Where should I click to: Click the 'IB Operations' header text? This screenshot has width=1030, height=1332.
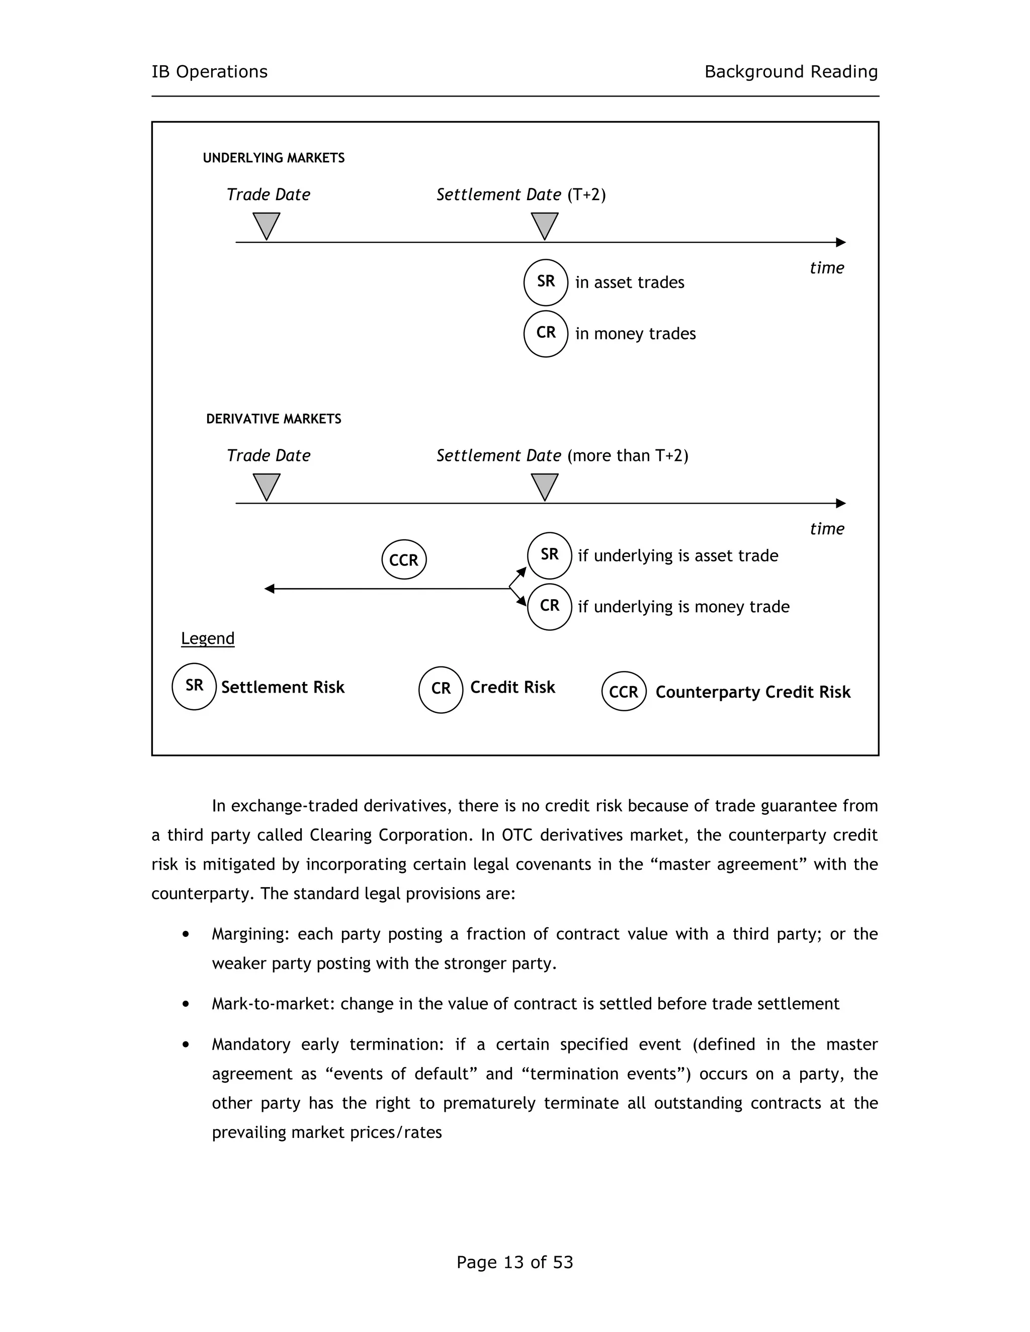tap(209, 72)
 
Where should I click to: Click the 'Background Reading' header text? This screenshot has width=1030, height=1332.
tap(791, 72)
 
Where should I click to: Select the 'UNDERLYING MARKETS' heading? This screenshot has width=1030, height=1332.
tap(274, 158)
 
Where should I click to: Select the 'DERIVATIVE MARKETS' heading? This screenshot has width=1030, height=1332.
tap(274, 419)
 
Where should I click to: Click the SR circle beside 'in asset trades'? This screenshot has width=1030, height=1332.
tap(546, 282)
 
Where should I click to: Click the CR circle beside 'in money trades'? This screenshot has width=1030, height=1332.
tap(546, 333)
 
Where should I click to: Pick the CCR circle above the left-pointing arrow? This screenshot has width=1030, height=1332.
tap(404, 560)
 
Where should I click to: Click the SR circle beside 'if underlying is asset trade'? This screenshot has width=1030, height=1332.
tap(549, 555)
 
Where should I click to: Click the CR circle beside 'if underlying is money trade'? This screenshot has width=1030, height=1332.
tap(549, 606)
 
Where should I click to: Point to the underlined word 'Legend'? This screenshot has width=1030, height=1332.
tap(208, 638)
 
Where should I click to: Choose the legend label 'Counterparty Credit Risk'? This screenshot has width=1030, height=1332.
tap(752, 692)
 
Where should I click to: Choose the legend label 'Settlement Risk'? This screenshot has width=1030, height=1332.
tap(283, 687)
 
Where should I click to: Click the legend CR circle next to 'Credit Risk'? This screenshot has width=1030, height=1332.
tap(441, 689)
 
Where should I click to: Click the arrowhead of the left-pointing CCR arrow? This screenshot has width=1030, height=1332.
tap(269, 589)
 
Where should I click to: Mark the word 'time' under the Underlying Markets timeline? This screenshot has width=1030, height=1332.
tap(826, 268)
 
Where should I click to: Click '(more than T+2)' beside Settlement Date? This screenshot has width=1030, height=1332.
tap(627, 455)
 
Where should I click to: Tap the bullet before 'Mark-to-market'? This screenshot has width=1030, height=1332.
tap(186, 1004)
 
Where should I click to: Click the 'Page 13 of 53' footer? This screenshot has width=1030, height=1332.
tap(514, 1262)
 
